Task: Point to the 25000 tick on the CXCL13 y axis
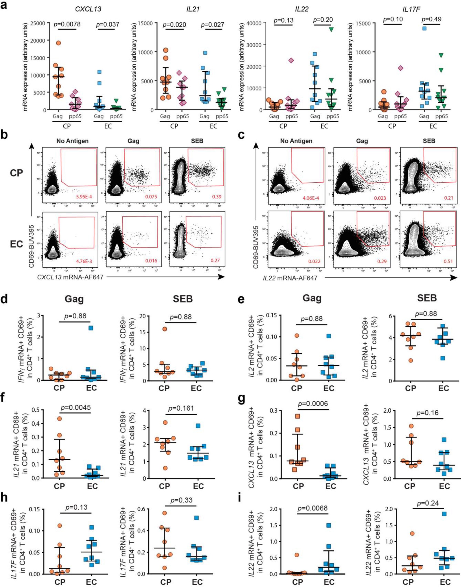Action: point(39,23)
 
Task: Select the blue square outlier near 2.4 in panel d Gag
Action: point(91,328)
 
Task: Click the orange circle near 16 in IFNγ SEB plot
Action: point(164,329)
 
